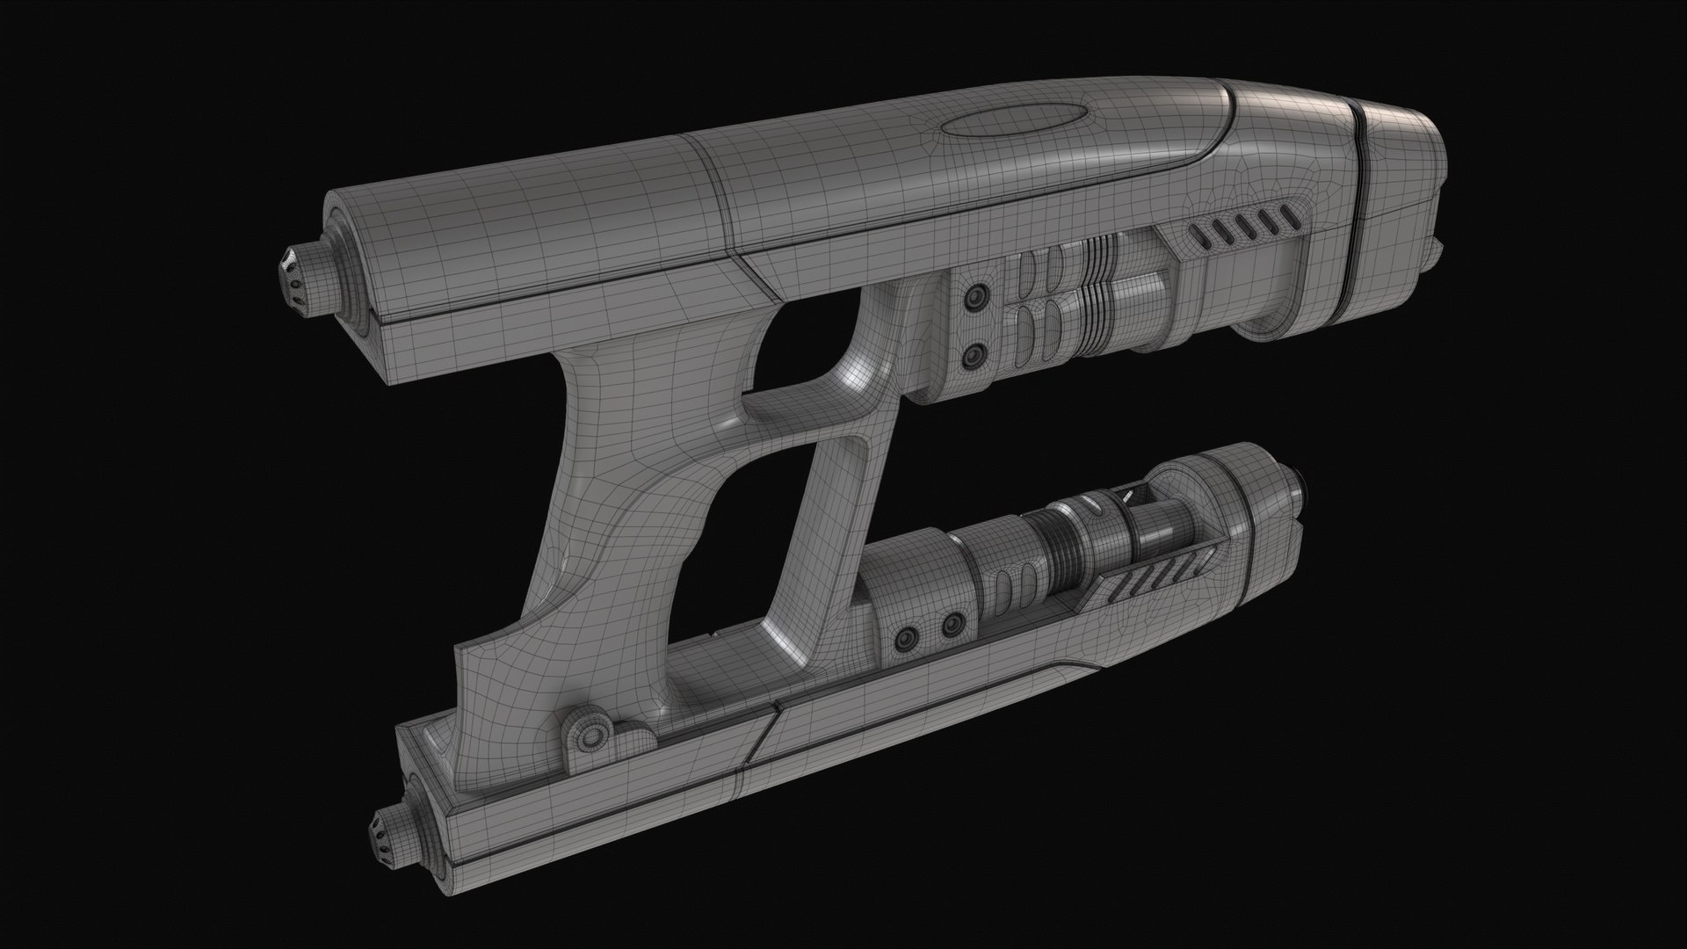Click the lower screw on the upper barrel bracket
tap(972, 356)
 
